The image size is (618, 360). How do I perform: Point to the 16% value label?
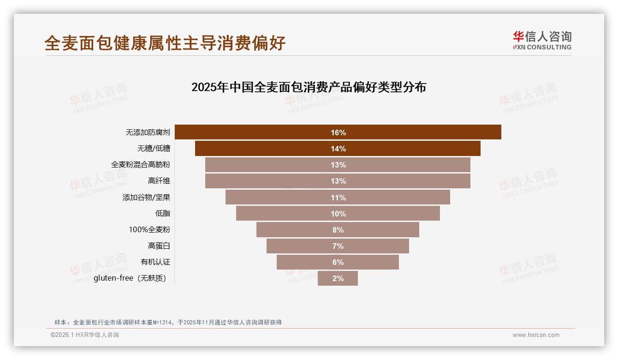tap(338, 133)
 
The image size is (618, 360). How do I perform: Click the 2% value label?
tap(338, 279)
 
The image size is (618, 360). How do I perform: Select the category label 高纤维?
tap(159, 181)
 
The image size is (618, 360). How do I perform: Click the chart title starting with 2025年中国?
tap(309, 87)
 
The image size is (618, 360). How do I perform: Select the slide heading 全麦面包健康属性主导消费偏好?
tap(165, 43)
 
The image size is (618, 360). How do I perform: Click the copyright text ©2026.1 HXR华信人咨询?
tap(85, 335)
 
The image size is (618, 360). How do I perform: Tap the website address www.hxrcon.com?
tap(536, 335)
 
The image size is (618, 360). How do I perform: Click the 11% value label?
tap(338, 198)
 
